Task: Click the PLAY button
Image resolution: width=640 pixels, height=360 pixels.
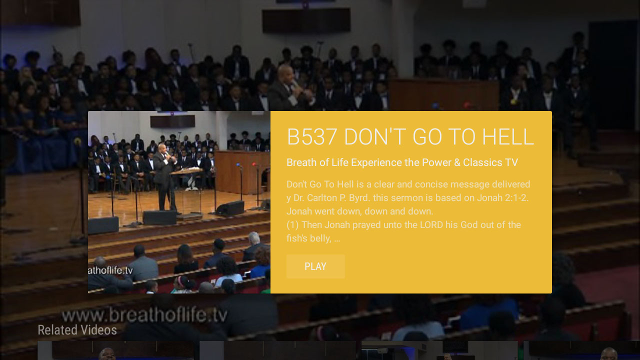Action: point(315,266)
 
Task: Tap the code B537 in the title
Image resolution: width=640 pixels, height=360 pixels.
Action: point(312,137)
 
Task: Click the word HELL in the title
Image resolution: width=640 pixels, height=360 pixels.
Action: point(508,137)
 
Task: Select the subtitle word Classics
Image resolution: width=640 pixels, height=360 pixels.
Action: point(483,162)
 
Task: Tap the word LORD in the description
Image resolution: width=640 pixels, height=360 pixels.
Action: point(431,225)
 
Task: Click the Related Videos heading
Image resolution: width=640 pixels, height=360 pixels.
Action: point(77,330)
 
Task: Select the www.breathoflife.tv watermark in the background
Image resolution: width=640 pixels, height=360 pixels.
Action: point(144,315)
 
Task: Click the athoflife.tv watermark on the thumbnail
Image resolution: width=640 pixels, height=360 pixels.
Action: point(110,270)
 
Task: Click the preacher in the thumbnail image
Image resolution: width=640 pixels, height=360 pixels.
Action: point(165,177)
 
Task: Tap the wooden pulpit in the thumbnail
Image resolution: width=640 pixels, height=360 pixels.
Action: point(241,172)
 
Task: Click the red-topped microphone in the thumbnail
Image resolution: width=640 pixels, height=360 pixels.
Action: point(254,164)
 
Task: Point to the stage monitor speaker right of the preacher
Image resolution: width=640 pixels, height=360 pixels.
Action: point(230,208)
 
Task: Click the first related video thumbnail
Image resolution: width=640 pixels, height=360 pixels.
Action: point(116,350)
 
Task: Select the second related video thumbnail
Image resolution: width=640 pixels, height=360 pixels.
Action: point(277,350)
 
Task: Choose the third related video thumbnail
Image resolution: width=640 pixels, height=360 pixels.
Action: point(439,350)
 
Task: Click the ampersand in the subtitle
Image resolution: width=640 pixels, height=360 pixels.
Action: point(457,162)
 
